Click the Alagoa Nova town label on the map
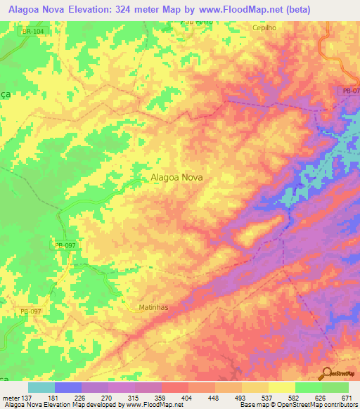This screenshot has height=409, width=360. click(176, 178)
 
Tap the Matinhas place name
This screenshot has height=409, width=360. click(155, 307)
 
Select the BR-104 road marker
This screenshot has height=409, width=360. click(32, 32)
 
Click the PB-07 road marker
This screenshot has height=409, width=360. click(349, 91)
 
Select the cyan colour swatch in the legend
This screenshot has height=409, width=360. click(41, 387)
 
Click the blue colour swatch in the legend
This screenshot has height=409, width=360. click(68, 387)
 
